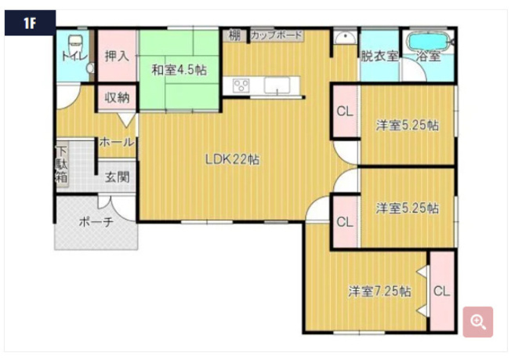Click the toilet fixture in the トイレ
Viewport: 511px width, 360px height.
pyautogui.click(x=75, y=41)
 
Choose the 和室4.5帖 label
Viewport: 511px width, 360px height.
pyautogui.click(x=179, y=70)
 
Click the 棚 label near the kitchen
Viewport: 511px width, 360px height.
pyautogui.click(x=234, y=35)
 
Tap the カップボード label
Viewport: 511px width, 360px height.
pyautogui.click(x=275, y=35)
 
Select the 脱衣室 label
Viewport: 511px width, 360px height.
pyautogui.click(x=379, y=56)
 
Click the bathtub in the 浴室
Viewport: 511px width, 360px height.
pyautogui.click(x=426, y=40)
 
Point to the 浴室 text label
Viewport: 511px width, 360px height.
pyautogui.click(x=428, y=56)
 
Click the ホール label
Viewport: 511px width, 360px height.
pyautogui.click(x=117, y=142)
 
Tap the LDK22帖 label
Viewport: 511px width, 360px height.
pyautogui.click(x=233, y=159)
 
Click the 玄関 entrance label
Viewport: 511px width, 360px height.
pyautogui.click(x=118, y=177)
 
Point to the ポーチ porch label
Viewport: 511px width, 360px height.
pyautogui.click(x=96, y=222)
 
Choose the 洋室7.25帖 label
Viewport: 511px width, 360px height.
pyautogui.click(x=379, y=291)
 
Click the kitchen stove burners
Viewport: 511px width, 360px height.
pyautogui.click(x=240, y=85)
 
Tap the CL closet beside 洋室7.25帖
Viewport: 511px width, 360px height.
pyautogui.click(x=441, y=291)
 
